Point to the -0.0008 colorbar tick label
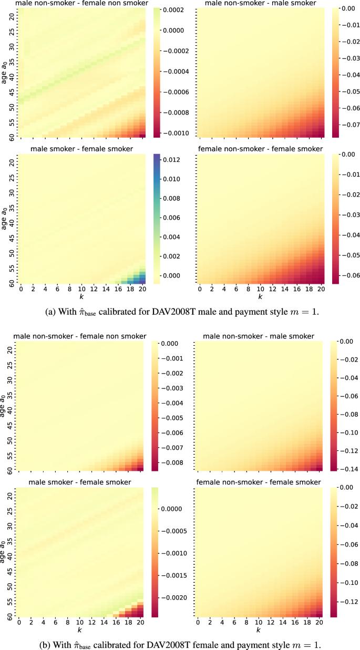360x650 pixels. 175,114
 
